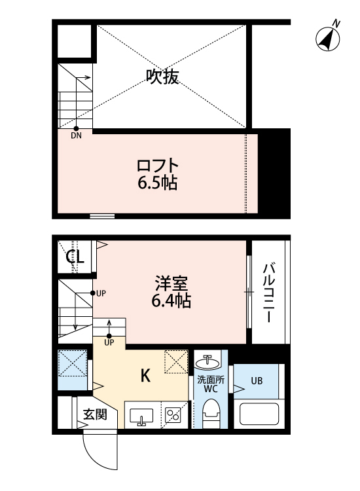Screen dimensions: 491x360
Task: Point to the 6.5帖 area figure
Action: [158, 183]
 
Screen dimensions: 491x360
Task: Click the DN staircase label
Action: [76, 136]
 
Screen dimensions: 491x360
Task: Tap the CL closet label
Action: [75, 257]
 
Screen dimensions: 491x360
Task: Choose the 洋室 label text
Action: [172, 284]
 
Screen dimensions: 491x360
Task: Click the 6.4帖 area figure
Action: [172, 302]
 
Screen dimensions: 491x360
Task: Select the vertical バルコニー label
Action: [268, 292]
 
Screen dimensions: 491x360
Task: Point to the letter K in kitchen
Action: [147, 376]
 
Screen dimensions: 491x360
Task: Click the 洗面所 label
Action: [210, 380]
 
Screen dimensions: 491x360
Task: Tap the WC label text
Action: [210, 390]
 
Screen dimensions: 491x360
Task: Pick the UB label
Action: [257, 380]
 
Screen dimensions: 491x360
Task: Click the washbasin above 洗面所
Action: [210, 361]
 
